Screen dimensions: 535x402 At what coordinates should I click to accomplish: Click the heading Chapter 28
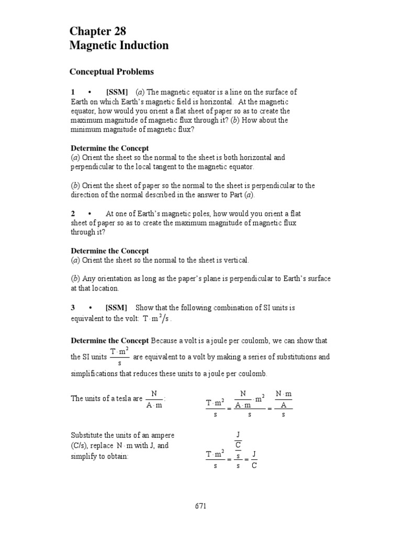(98, 31)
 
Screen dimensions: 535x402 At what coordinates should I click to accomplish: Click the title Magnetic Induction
(119, 46)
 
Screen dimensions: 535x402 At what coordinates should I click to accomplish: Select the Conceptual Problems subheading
(112, 72)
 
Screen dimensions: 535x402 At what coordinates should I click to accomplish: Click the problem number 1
(73, 92)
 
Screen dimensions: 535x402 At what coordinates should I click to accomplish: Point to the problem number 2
(73, 214)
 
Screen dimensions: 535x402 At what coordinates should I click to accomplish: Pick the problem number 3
(73, 308)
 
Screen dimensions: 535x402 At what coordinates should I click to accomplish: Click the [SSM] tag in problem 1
(117, 92)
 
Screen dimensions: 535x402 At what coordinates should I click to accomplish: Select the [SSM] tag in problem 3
(117, 308)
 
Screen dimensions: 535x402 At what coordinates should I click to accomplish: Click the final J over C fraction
(253, 460)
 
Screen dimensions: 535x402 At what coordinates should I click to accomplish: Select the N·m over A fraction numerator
(283, 393)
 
